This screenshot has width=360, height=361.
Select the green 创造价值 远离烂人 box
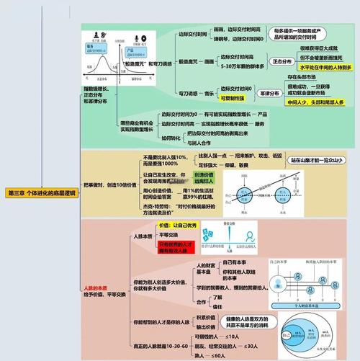(206, 178)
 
